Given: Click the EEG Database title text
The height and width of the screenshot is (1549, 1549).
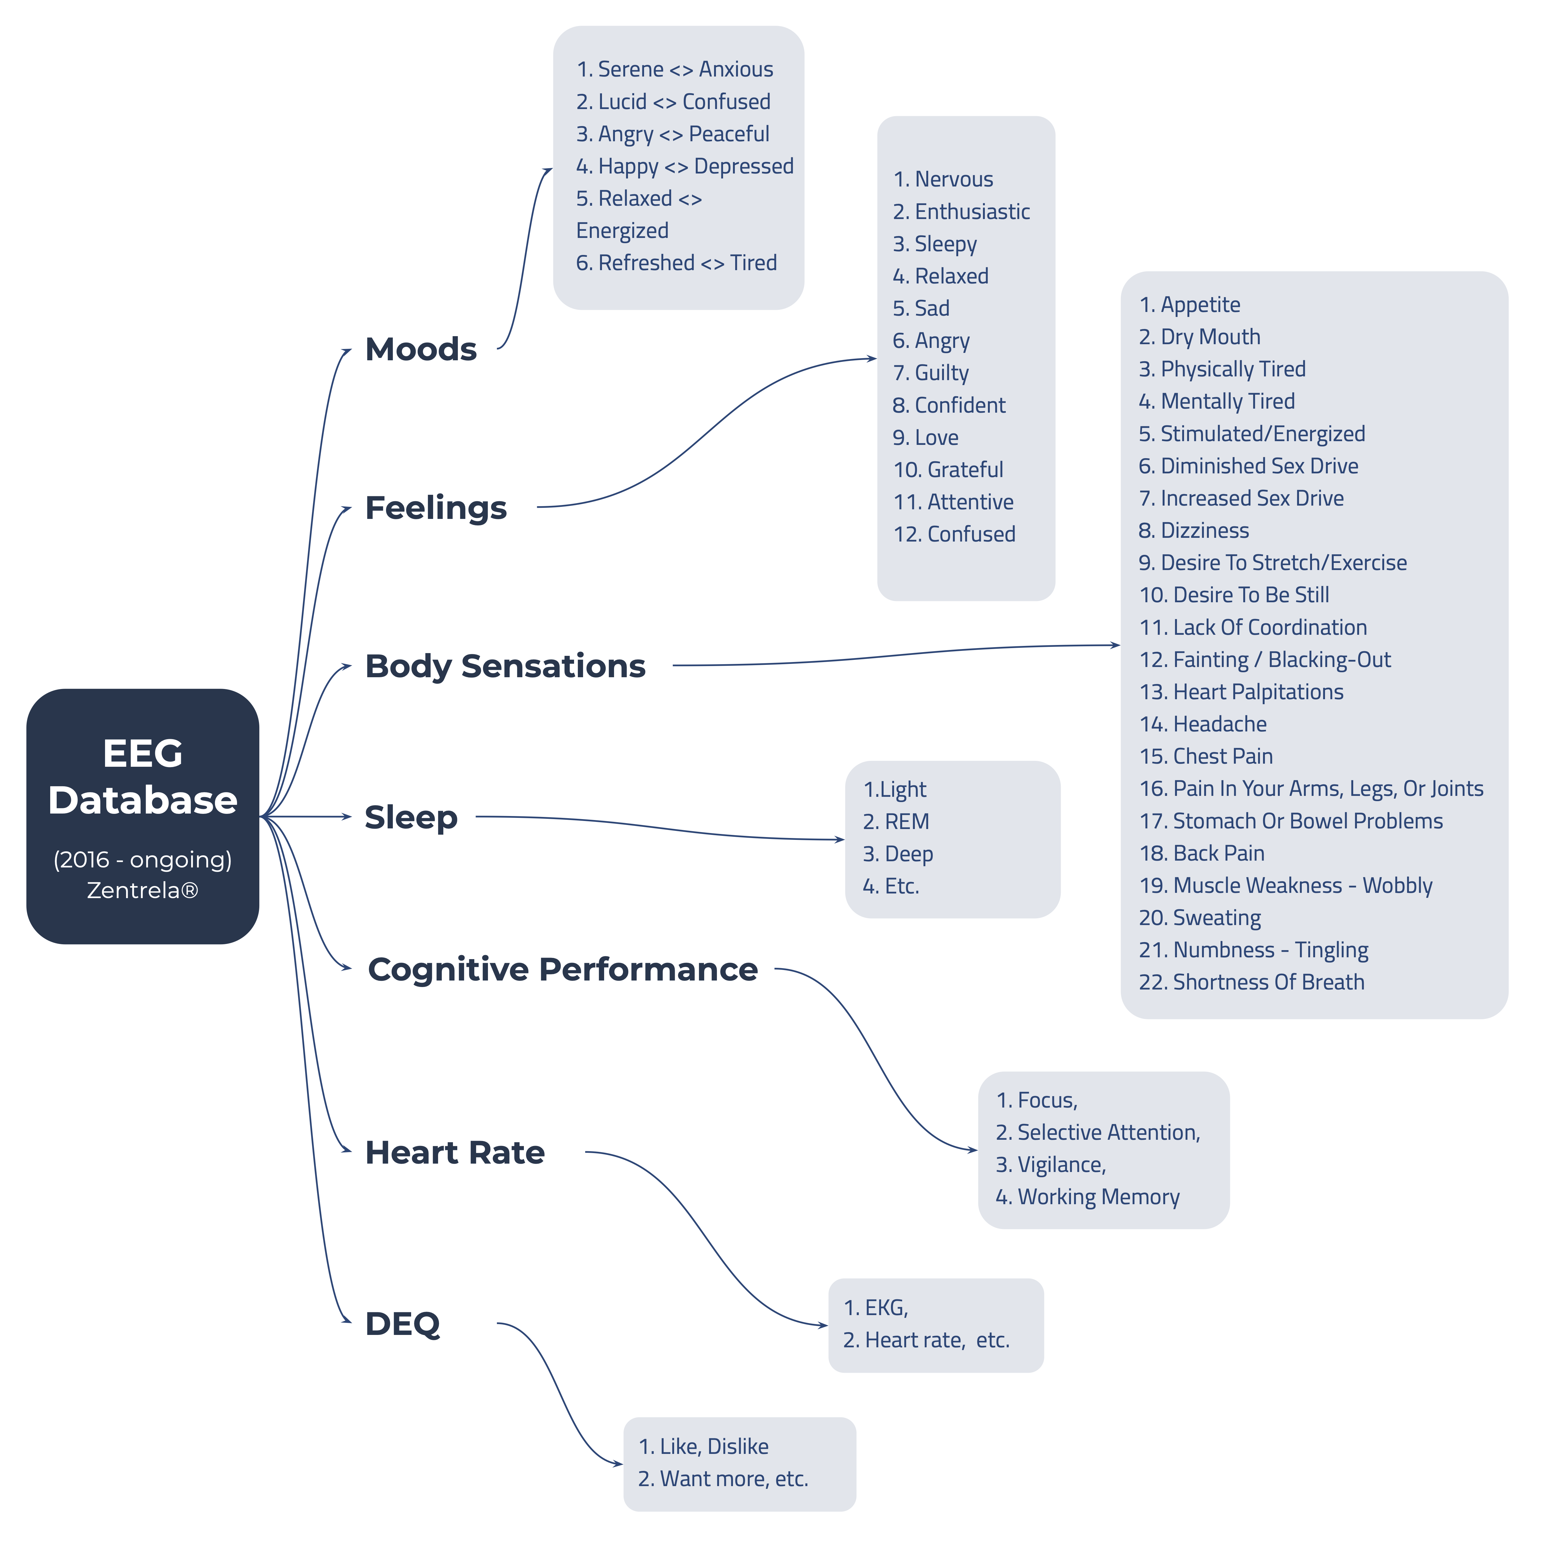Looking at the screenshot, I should [x=143, y=776].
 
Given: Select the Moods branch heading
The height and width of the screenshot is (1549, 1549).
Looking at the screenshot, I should [x=421, y=349].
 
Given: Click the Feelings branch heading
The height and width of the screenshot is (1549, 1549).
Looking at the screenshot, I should [x=435, y=507].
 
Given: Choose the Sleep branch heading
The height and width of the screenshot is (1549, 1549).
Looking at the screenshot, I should [x=410, y=817].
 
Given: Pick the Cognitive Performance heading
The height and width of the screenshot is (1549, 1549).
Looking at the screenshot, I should [x=562, y=969].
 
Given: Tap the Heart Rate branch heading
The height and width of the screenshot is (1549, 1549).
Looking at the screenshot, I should [x=454, y=1152].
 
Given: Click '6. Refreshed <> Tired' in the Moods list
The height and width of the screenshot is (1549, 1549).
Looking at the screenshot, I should [x=676, y=263].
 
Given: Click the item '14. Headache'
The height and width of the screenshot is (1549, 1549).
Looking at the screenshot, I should [x=1203, y=724].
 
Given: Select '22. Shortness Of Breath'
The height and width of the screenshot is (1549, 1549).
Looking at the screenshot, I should [x=1252, y=982].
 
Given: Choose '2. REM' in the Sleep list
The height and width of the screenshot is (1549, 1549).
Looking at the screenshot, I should [x=896, y=822].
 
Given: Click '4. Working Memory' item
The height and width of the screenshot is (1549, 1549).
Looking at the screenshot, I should [x=1087, y=1197].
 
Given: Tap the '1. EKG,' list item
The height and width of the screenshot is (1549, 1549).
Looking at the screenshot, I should [x=875, y=1308].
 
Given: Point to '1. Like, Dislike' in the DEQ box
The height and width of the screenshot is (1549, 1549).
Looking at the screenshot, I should [x=703, y=1446].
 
